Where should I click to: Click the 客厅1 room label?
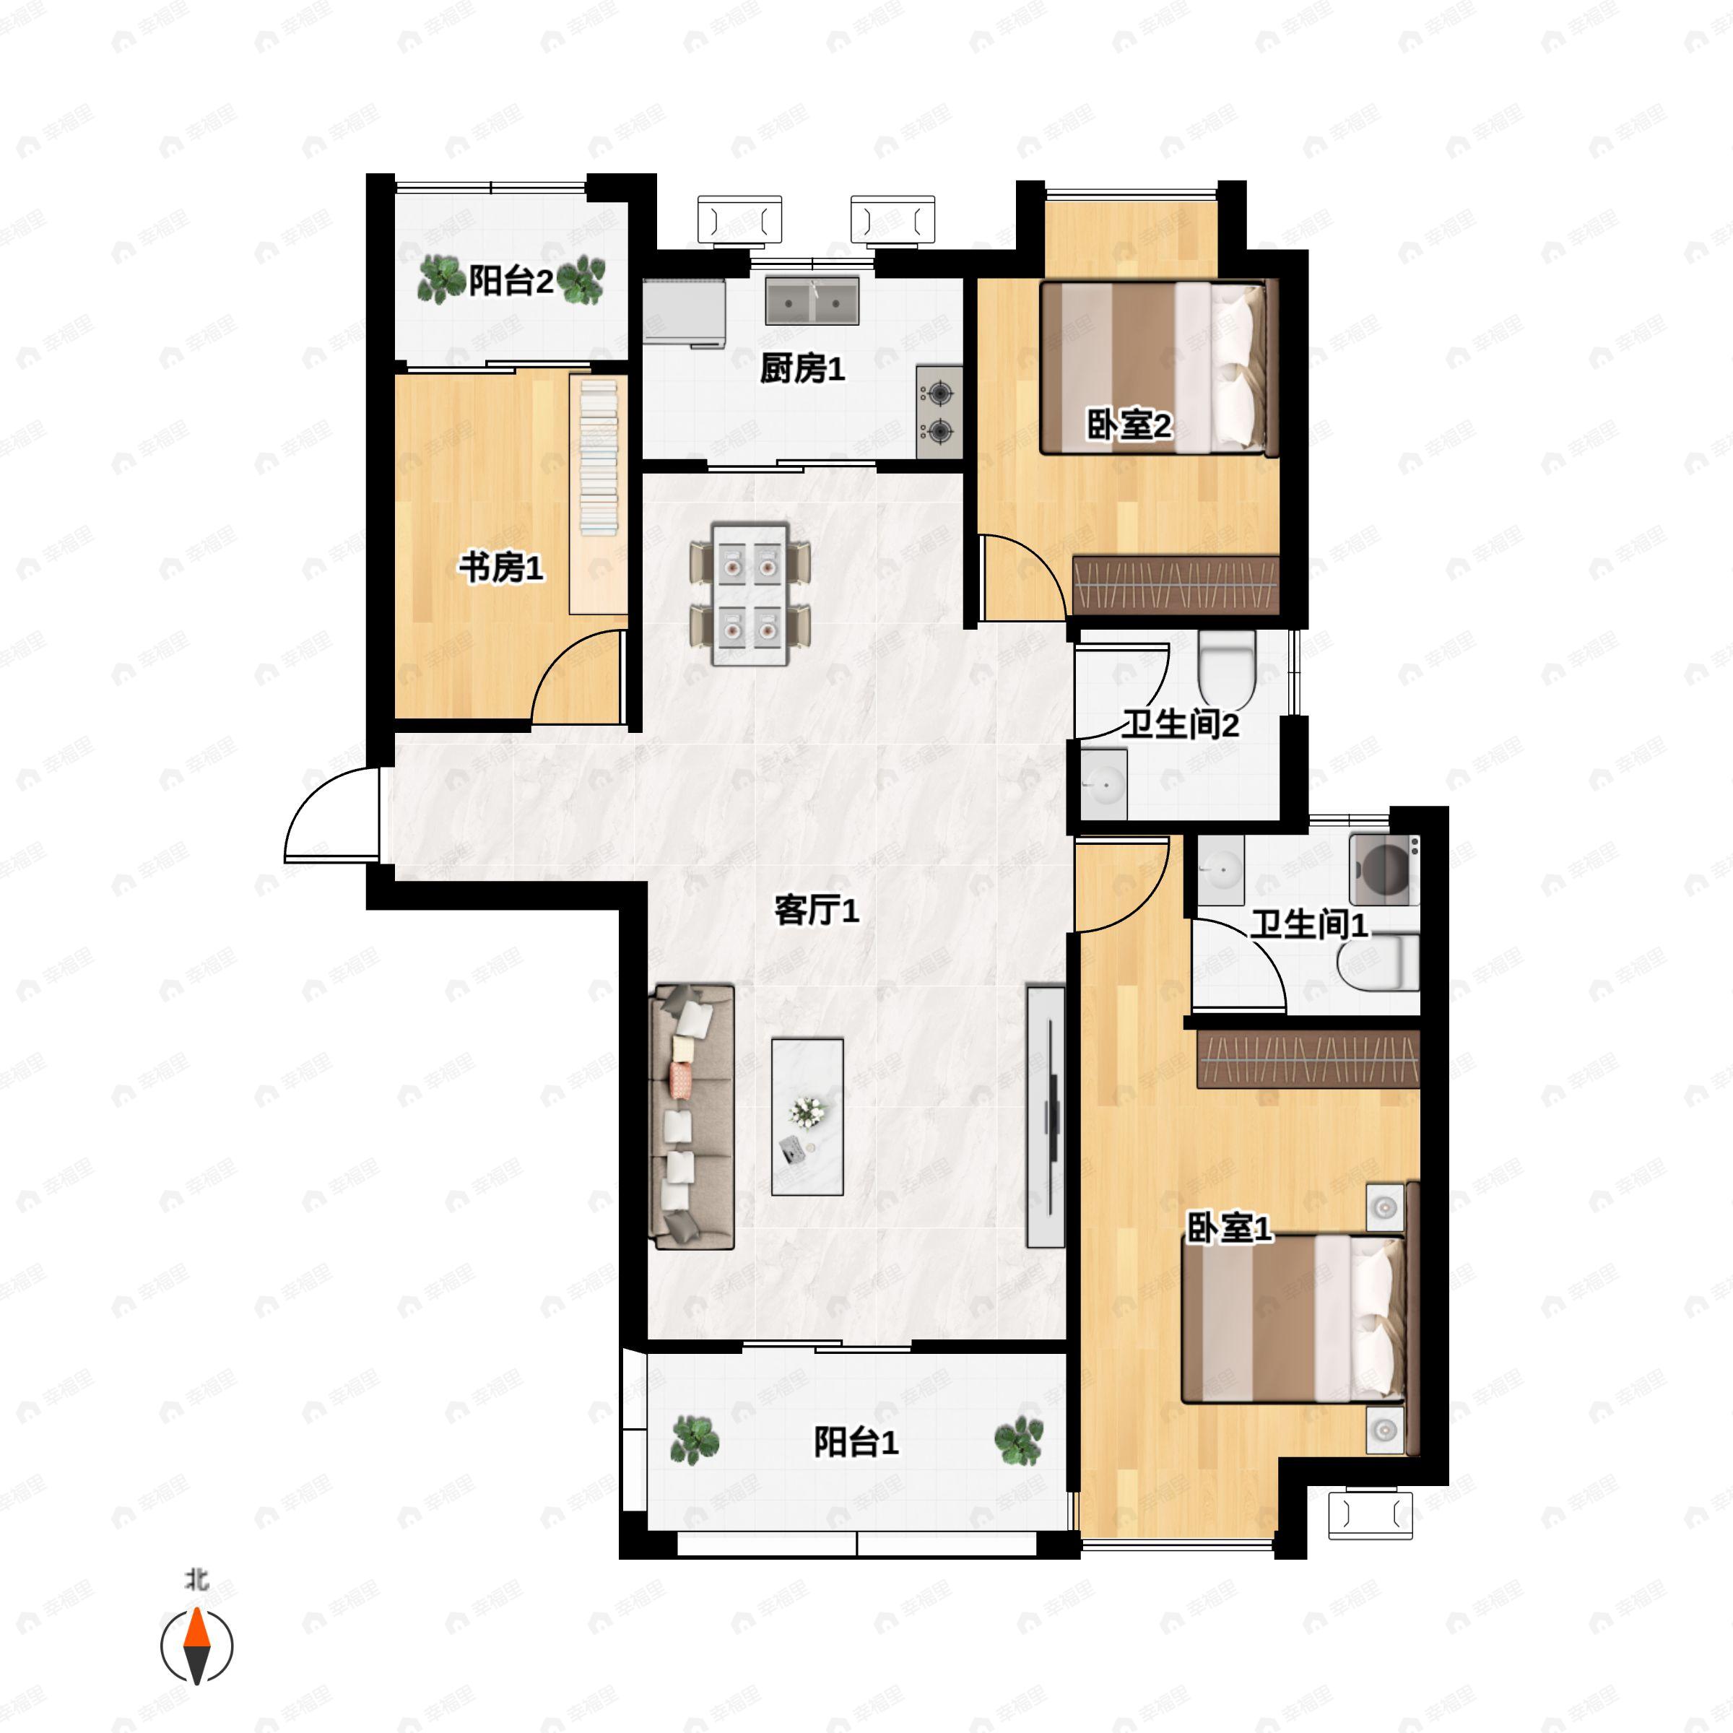coord(816,911)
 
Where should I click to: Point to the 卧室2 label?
coord(1129,425)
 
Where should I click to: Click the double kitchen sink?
coord(812,300)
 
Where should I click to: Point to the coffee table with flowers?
coord(807,1117)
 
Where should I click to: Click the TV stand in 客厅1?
coord(1046,1117)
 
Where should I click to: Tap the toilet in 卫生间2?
coord(1226,668)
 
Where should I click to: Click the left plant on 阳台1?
coord(695,1441)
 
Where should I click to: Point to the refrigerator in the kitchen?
coord(685,312)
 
